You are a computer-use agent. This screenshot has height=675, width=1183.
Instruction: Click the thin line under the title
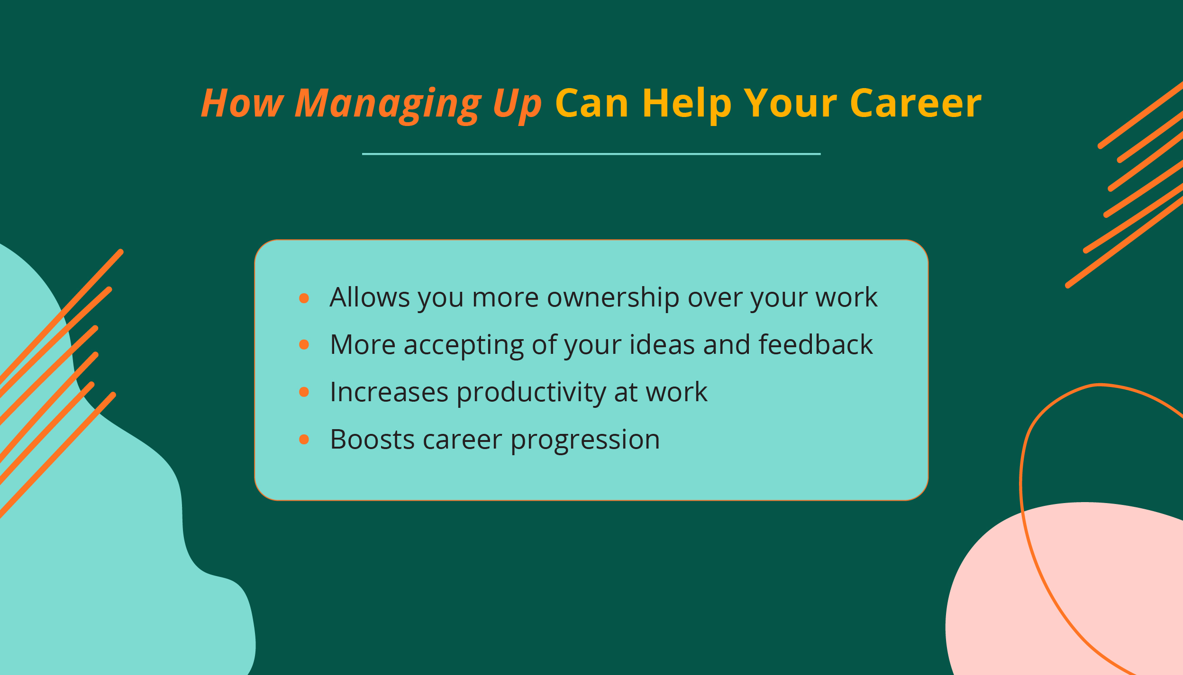click(591, 154)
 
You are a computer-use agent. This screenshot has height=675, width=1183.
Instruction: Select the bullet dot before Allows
click(304, 298)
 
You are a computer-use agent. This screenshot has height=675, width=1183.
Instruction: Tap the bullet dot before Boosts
click(304, 440)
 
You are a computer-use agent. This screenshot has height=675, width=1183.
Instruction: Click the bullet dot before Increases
click(304, 392)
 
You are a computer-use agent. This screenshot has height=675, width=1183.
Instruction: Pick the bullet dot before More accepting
click(304, 345)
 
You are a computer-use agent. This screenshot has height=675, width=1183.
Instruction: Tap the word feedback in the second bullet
click(815, 344)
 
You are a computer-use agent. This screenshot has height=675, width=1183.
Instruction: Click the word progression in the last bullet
click(585, 440)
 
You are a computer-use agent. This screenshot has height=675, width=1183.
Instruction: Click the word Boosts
click(373, 440)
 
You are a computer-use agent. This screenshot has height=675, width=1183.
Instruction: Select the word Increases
click(389, 392)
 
